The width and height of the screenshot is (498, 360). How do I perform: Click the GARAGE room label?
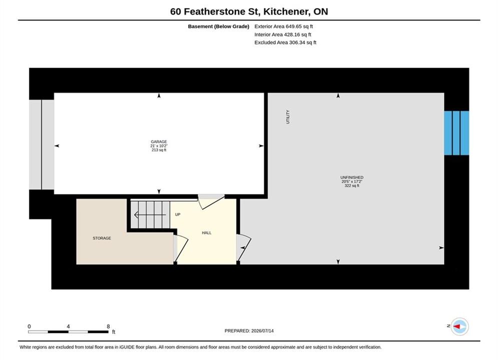159,142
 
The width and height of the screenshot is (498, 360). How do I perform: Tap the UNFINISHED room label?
352,177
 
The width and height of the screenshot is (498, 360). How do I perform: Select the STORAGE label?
102,238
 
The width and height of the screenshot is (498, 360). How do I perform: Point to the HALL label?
207,233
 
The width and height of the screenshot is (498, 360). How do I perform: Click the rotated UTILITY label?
288,116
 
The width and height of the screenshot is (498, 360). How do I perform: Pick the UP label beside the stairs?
178,214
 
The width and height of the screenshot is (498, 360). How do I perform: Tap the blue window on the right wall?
456,133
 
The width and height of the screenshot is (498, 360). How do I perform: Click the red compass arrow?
457,326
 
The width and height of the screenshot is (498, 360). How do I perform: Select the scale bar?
68,332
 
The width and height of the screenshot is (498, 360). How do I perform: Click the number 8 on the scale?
108,326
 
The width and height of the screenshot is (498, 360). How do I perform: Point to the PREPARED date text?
249,331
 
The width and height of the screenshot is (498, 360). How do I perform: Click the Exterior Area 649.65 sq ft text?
284,26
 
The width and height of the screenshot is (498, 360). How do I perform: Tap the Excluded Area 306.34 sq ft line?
285,42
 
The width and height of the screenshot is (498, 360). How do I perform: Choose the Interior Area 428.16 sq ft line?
283,34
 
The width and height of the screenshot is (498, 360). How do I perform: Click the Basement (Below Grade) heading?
219,26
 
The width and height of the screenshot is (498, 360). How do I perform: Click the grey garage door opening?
42,145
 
